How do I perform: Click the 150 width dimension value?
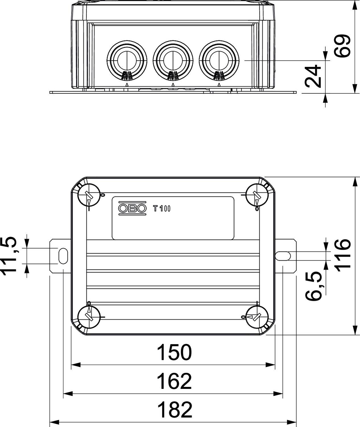point(174,352)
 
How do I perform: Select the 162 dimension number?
point(174,381)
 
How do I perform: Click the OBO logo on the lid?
point(133,208)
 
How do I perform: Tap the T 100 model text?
point(162,209)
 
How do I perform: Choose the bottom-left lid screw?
point(89,317)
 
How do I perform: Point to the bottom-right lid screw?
point(257,317)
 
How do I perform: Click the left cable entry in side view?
point(127,60)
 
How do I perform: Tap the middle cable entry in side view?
point(173,60)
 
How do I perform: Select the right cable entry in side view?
point(219,60)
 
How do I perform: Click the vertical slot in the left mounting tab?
point(63,256)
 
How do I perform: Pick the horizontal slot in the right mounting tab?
point(283,256)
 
